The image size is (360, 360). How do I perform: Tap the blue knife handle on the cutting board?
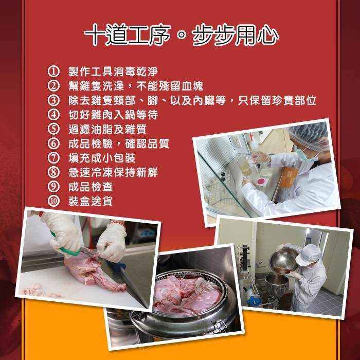(119, 267)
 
